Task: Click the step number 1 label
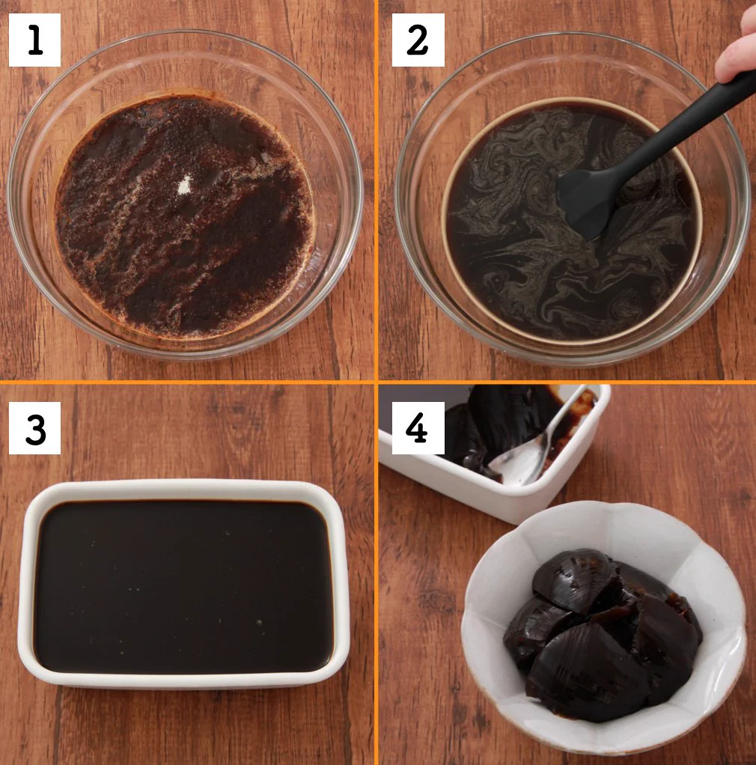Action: pyautogui.click(x=34, y=40)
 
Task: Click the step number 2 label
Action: pyautogui.click(x=418, y=40)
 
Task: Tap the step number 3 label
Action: pyautogui.click(x=34, y=428)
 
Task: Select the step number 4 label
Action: pyautogui.click(x=418, y=428)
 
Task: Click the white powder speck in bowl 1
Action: pyautogui.click(x=184, y=186)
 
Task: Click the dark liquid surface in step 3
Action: pyautogui.click(x=184, y=585)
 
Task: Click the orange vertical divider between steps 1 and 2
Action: pyautogui.click(x=376, y=190)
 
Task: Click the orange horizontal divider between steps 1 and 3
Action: pyautogui.click(x=187, y=382)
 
